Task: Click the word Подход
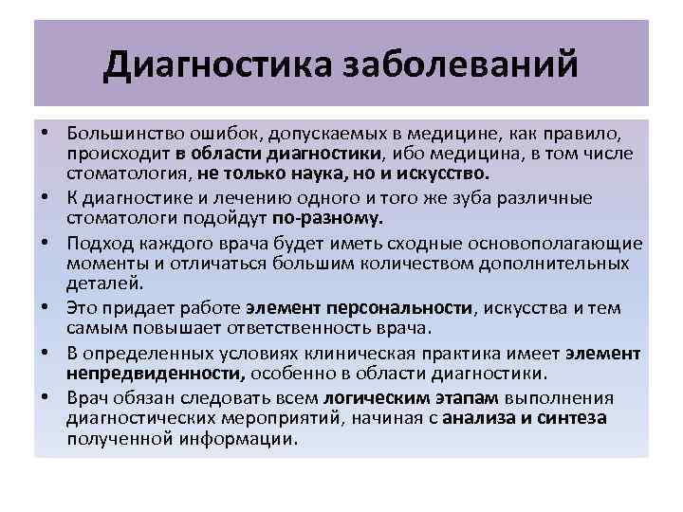[97, 241]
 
